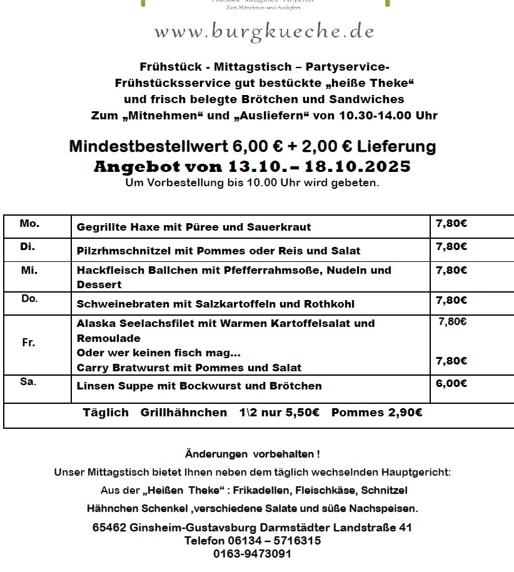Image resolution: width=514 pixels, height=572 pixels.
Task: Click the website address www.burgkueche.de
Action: click(x=264, y=31)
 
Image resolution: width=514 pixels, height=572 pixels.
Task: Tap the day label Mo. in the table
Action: click(x=29, y=224)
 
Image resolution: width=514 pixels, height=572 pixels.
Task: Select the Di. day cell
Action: click(x=28, y=247)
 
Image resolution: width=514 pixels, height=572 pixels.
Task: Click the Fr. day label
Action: click(x=29, y=343)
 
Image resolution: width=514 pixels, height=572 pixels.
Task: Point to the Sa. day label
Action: click(x=28, y=382)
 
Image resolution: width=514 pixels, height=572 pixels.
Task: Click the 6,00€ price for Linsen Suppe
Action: click(x=451, y=382)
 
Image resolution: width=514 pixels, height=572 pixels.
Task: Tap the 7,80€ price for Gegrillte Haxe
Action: click(x=451, y=223)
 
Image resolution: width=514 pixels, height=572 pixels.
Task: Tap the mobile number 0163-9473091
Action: click(x=252, y=554)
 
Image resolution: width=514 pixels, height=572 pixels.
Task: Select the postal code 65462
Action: click(x=109, y=528)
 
